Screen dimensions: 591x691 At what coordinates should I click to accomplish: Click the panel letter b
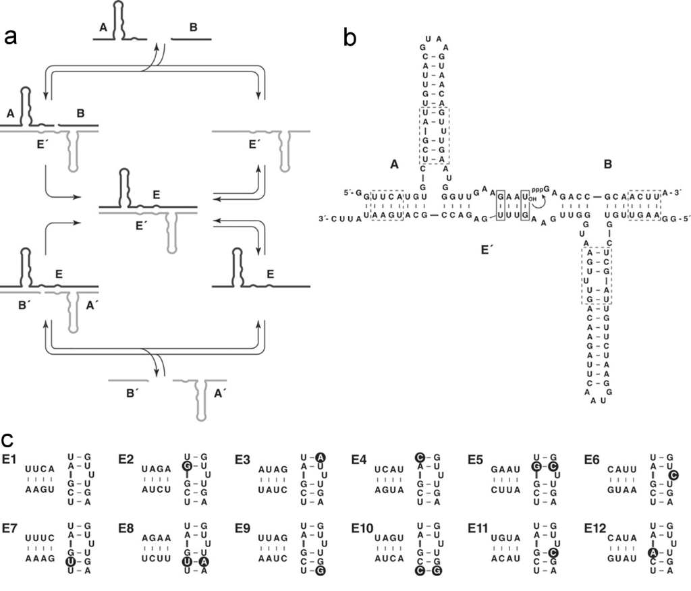point(351,37)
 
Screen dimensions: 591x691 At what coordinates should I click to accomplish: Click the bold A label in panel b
point(396,163)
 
